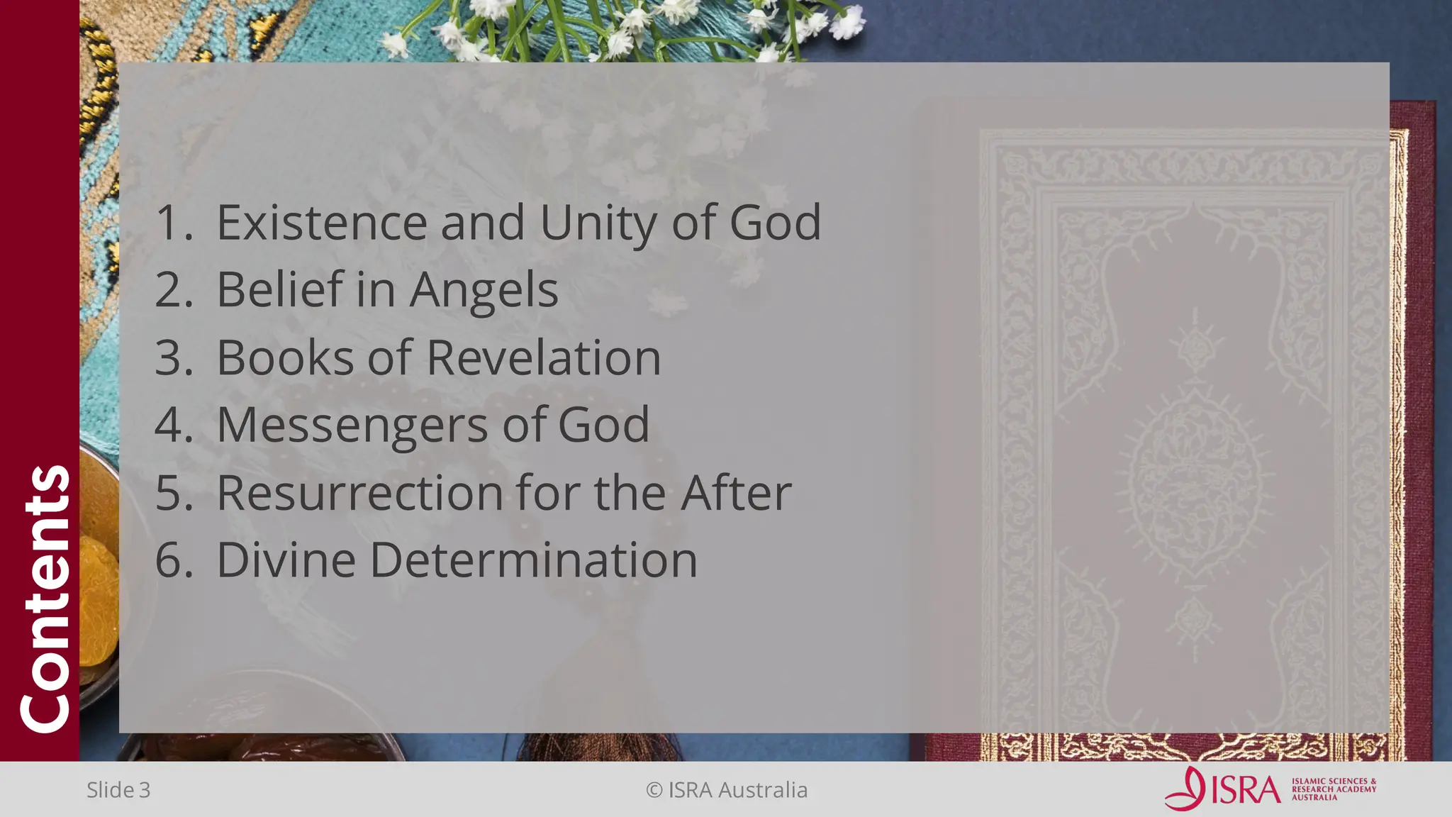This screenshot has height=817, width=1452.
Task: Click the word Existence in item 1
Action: (x=321, y=223)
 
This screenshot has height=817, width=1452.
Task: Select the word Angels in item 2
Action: (x=484, y=291)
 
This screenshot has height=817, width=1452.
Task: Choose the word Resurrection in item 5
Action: (x=359, y=493)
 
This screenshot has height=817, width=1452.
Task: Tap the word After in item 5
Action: (x=736, y=493)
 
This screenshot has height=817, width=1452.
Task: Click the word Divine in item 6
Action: (x=286, y=560)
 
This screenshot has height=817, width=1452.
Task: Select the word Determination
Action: (x=534, y=560)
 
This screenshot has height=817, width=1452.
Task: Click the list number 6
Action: (x=173, y=560)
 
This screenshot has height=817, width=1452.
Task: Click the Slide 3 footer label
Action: (x=118, y=790)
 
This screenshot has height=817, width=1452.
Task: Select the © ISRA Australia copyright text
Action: (x=727, y=790)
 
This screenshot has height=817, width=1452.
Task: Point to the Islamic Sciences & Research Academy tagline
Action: (x=1334, y=789)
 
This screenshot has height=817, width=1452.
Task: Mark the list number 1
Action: (x=172, y=223)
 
